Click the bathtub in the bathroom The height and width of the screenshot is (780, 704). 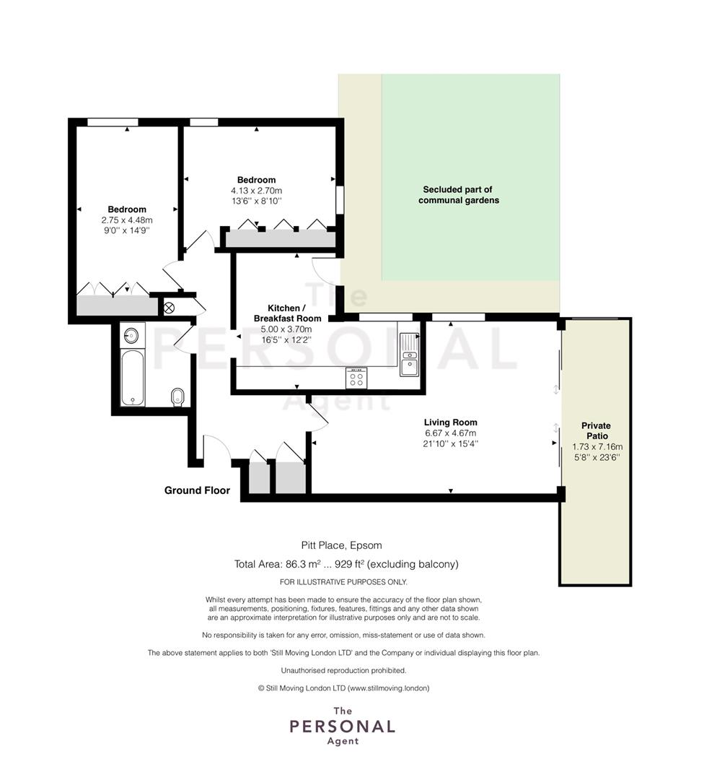pos(133,378)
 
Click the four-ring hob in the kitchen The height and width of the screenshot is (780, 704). pos(356,378)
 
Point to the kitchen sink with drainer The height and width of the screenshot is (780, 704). pos(410,355)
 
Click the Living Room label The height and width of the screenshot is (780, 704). pos(451,422)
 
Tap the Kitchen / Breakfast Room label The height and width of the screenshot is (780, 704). pos(287,313)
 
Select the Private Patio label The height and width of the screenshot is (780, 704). pos(597,430)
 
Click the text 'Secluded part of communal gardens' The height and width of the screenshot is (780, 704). pos(458,195)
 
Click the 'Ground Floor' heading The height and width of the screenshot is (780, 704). pos(197,490)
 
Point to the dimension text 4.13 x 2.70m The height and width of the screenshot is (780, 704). pos(256,191)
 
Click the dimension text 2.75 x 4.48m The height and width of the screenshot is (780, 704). pos(127,220)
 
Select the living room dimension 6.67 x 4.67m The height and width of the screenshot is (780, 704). pos(451,433)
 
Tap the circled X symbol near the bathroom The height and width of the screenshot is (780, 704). pos(169,308)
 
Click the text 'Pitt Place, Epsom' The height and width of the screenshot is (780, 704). pos(341,545)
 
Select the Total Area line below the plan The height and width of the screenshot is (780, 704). pos(346,564)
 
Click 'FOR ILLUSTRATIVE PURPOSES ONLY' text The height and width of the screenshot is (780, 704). pos(343,582)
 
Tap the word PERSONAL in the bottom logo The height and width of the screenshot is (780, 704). pos(343,727)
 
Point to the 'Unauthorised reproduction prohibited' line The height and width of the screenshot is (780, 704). pos(344,670)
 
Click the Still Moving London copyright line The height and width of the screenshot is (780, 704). pos(344,688)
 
